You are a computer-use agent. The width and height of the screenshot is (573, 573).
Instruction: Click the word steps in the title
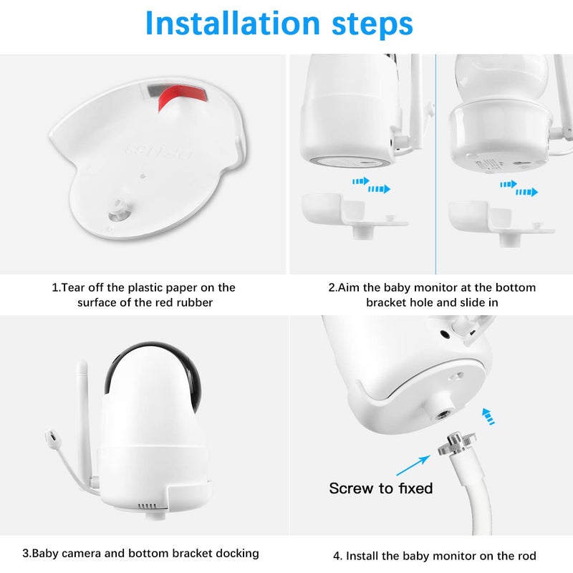point(366,24)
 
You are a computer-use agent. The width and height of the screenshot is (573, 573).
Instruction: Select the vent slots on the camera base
point(146,506)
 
